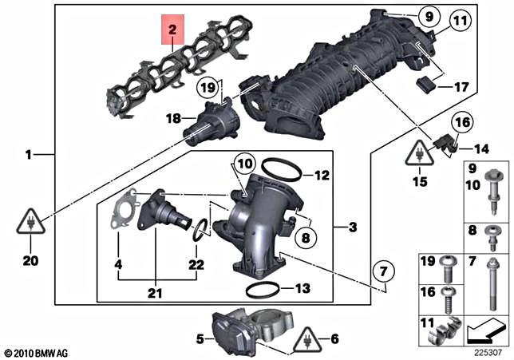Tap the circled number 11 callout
tap(460, 22)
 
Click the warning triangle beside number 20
tap(26, 223)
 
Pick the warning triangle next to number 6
tap(306, 341)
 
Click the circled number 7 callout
tap(384, 275)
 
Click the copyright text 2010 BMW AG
tap(37, 351)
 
